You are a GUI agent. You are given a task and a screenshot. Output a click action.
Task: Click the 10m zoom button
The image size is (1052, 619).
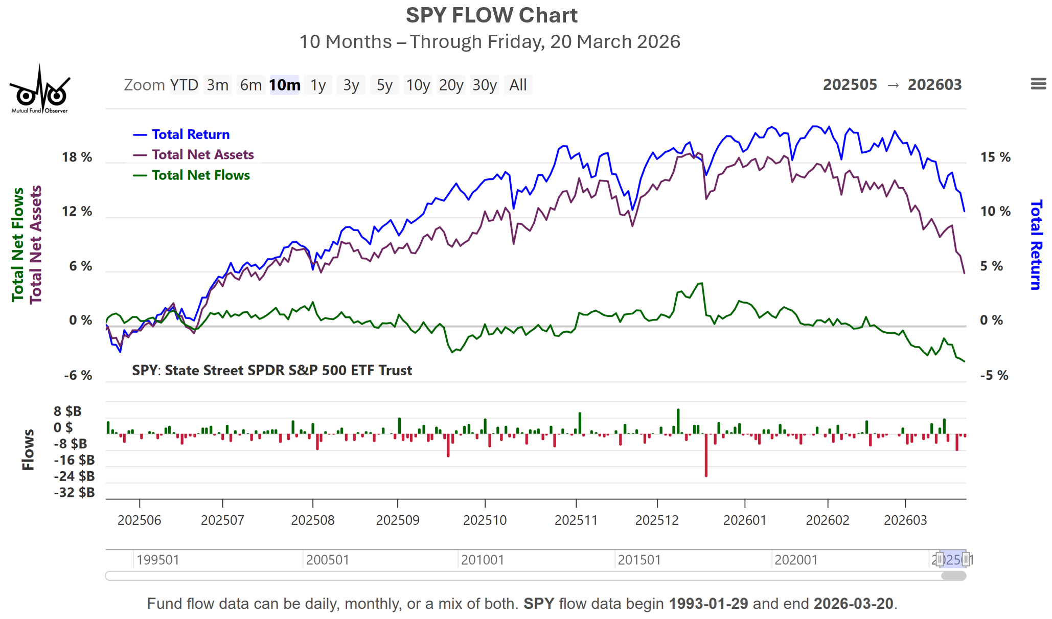pyautogui.click(x=285, y=85)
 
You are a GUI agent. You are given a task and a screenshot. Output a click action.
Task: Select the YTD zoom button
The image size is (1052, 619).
pyautogui.click(x=184, y=85)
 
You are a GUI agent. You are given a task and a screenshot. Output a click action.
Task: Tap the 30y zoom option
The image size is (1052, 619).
pyautogui.click(x=484, y=85)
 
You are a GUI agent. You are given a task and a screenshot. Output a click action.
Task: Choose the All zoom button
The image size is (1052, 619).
pyautogui.click(x=518, y=85)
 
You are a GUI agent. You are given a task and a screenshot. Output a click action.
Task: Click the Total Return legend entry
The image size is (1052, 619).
pyautogui.click(x=190, y=134)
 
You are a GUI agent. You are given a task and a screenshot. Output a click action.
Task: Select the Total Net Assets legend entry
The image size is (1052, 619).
pyautogui.click(x=202, y=155)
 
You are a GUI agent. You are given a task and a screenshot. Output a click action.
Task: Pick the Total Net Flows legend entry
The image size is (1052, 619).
pyautogui.click(x=200, y=175)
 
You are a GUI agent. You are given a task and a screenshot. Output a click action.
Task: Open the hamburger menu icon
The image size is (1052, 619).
pyautogui.click(x=1038, y=84)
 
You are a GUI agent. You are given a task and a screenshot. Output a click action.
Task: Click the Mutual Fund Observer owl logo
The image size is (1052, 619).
pyautogui.click(x=40, y=90)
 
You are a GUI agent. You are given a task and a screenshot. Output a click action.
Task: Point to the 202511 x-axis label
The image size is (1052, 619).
pyautogui.click(x=576, y=520)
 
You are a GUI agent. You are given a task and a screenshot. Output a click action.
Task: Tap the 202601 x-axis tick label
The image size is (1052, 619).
pyautogui.click(x=745, y=520)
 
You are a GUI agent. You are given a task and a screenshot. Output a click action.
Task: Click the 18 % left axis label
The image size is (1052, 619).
pyautogui.click(x=77, y=157)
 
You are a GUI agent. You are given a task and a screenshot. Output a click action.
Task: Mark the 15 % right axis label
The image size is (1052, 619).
pyautogui.click(x=995, y=157)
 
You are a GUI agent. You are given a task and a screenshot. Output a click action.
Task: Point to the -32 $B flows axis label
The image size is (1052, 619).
pyautogui.click(x=75, y=493)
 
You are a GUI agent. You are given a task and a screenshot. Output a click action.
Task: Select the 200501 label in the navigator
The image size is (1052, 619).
pyautogui.click(x=327, y=560)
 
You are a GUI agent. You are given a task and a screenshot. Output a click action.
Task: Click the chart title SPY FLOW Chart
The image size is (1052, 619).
pyautogui.click(x=492, y=16)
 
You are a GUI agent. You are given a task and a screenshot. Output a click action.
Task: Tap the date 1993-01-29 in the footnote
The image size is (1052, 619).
pyautogui.click(x=708, y=604)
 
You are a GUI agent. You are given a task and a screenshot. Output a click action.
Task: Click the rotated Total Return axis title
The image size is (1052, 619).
pyautogui.click(x=1036, y=245)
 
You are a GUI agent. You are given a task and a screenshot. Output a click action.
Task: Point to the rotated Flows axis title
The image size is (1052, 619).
pyautogui.click(x=29, y=450)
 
